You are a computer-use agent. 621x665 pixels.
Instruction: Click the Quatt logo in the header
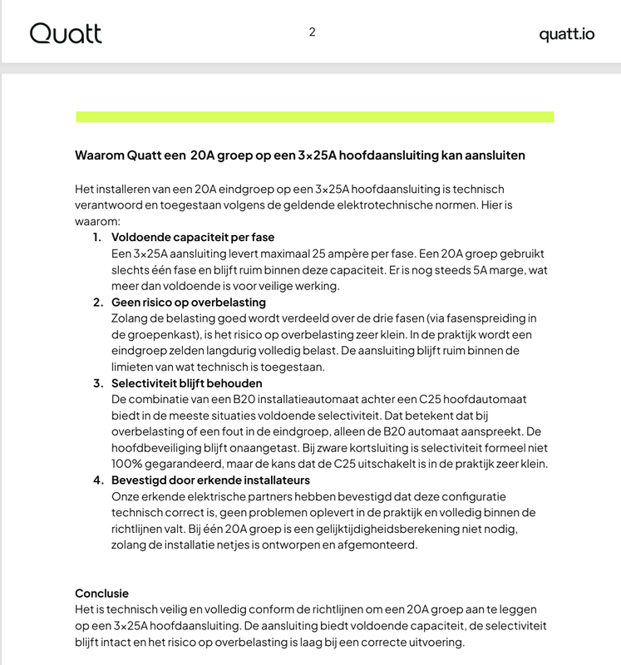tap(66, 33)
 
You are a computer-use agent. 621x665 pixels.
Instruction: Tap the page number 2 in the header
tap(312, 32)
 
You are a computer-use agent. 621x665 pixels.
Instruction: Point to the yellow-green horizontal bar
tap(314, 116)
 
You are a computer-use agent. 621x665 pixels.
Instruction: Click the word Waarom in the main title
tap(99, 155)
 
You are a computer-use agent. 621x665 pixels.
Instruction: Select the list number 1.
tap(96, 238)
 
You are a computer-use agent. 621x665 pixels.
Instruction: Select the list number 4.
tap(97, 480)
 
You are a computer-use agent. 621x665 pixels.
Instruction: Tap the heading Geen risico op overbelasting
tap(188, 302)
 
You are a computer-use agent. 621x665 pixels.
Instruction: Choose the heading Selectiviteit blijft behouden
tap(186, 383)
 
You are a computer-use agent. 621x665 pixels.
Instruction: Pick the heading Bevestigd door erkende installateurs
tap(210, 480)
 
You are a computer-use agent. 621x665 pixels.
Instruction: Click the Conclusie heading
tap(102, 594)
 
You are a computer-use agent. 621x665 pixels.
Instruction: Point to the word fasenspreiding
tap(456, 318)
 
